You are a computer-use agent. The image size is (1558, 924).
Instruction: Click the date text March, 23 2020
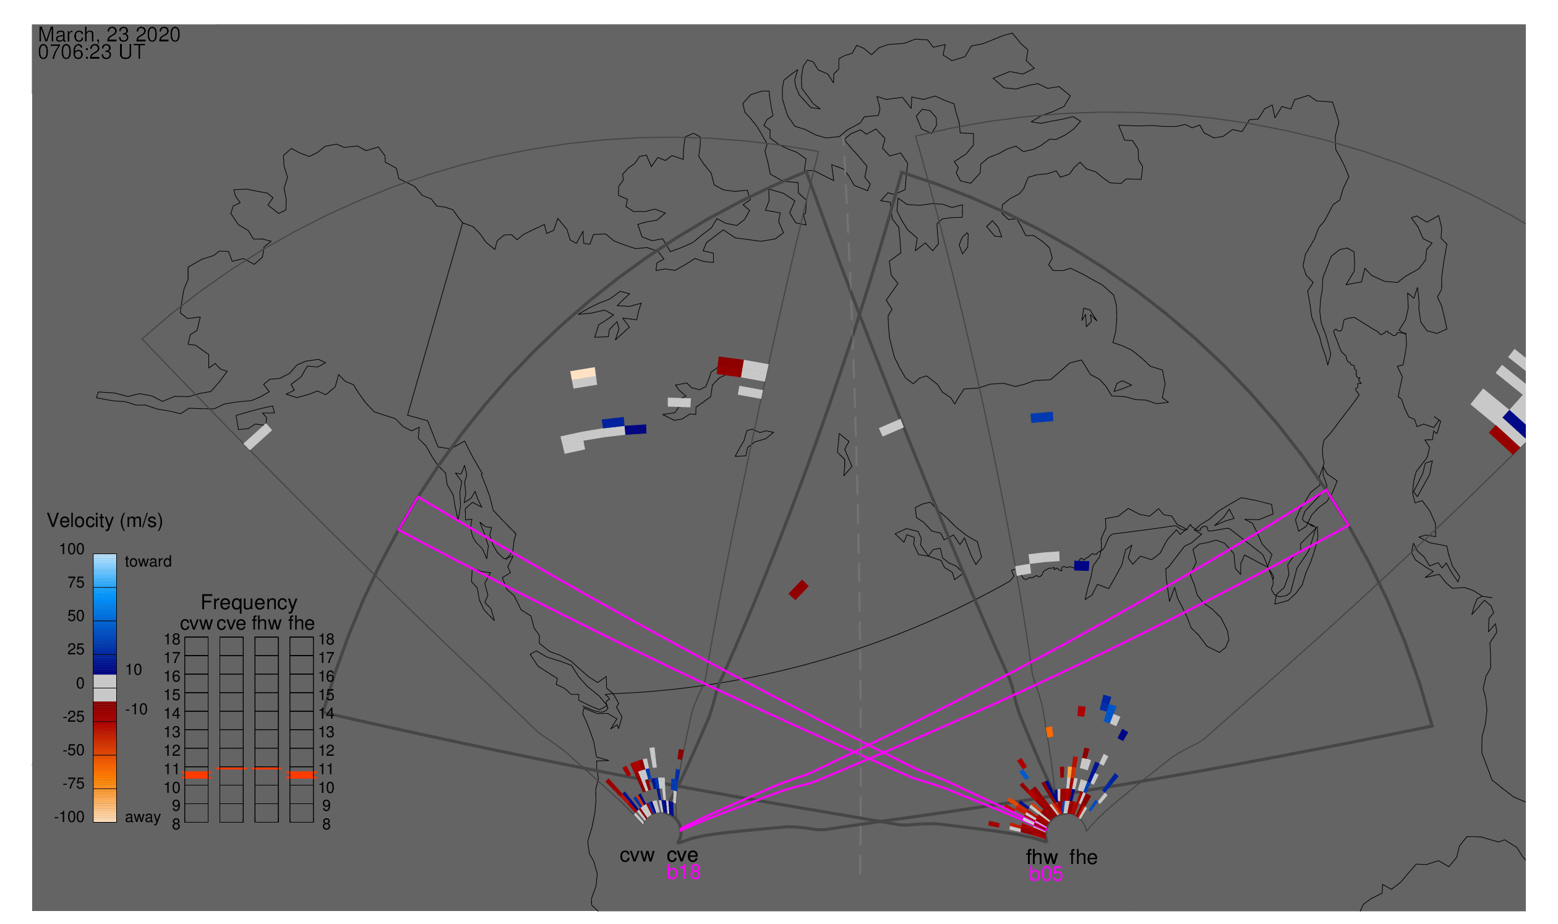[109, 35]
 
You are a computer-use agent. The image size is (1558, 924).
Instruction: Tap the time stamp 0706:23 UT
[92, 53]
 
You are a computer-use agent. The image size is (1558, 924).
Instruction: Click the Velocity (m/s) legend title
[105, 521]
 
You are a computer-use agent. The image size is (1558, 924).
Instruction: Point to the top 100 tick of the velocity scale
[72, 549]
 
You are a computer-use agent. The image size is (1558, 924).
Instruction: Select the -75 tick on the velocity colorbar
[73, 784]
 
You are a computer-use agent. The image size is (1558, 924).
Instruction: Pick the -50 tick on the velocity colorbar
[73, 750]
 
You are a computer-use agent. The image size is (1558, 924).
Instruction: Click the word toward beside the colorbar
[148, 562]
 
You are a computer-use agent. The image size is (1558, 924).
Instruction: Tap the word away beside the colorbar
[143, 818]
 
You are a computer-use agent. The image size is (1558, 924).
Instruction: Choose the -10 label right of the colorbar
[136, 710]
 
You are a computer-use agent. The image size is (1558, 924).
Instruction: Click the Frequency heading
[249, 603]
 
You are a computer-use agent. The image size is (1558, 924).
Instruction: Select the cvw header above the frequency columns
[196, 624]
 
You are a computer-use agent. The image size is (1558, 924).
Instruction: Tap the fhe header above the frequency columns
[301, 623]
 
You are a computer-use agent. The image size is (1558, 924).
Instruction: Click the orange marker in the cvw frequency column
[196, 775]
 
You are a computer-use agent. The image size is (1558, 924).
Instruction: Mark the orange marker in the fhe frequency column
[301, 775]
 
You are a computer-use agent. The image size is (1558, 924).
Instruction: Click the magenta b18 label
[683, 872]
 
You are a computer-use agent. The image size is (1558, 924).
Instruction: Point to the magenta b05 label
[1046, 874]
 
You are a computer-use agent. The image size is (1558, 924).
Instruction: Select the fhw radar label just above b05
[1042, 857]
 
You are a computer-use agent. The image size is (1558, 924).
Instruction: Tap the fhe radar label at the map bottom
[1084, 857]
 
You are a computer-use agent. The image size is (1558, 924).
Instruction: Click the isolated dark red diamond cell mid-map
[798, 589]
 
